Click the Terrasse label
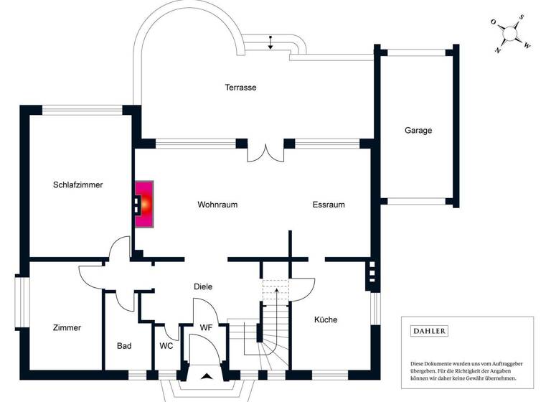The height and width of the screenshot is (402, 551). coord(240,88)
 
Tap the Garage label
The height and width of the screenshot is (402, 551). coord(418,131)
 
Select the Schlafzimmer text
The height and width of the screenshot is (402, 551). coord(77,184)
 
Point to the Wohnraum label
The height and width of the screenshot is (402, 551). coord(217,205)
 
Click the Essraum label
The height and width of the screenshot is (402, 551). coord(329,205)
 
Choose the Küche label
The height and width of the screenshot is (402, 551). coord(325,319)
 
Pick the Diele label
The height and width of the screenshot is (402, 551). coord(203,286)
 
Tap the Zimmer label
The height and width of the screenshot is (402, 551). coord(67,327)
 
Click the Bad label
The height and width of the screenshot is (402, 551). coord(124,346)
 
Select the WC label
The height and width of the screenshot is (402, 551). coord(166,346)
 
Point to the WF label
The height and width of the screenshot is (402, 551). coord(206,327)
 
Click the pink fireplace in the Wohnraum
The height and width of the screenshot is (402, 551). coord(145,205)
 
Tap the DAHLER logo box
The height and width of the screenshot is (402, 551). coord(429,331)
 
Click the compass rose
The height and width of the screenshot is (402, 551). coord(510,34)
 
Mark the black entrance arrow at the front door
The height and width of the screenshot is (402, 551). coord(207,375)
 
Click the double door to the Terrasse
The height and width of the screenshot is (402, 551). coord(265,152)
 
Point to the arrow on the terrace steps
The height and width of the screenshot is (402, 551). coord(270,42)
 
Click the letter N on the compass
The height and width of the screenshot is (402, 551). coord(498,50)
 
